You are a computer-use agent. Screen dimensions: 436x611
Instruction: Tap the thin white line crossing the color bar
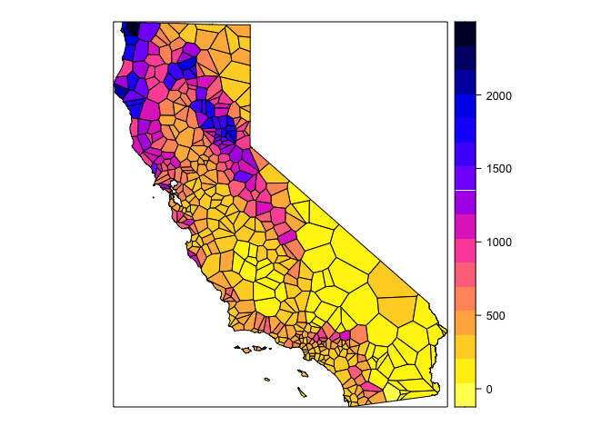tap(464, 189)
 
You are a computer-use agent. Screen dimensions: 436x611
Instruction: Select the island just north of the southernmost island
tap(266, 380)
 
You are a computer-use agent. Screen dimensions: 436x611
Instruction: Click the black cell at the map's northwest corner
tap(130, 28)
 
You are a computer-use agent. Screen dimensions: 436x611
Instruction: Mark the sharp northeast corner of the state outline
tap(250, 25)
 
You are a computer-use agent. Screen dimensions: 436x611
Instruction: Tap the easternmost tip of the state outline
tap(446, 332)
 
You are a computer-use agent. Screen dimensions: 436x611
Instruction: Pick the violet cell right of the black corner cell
tap(150, 32)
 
